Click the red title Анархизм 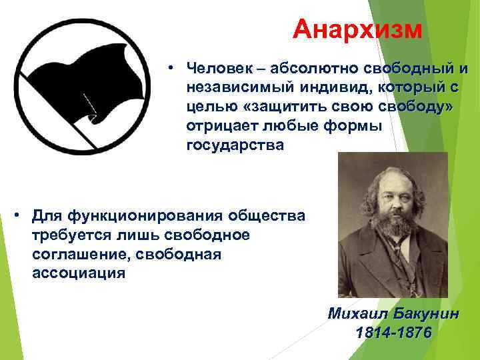[358, 29]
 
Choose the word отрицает [221, 127]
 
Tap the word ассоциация [78, 273]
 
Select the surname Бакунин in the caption [427, 314]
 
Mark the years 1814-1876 [393, 333]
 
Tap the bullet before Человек [171, 69]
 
